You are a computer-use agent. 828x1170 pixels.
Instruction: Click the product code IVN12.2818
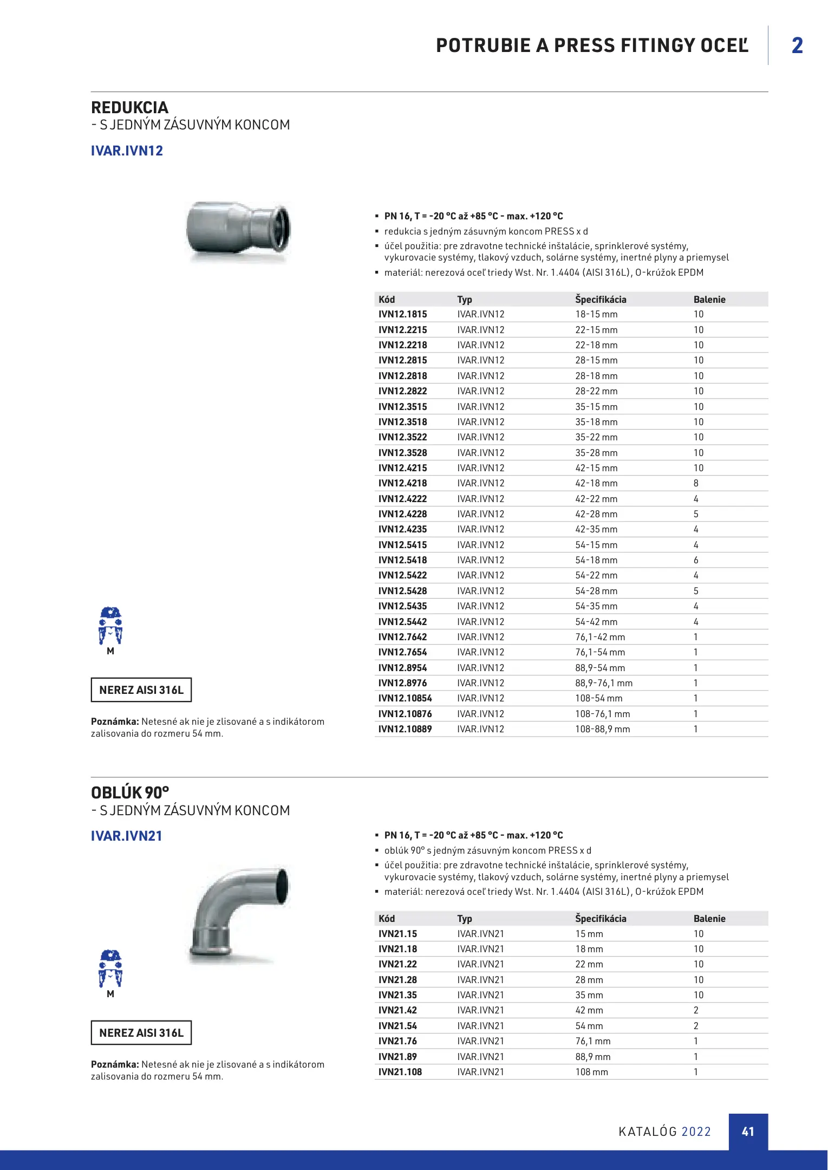coord(402,376)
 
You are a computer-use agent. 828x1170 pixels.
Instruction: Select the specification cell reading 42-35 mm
coord(596,529)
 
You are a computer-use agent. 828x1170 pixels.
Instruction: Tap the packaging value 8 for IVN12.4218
coord(696,483)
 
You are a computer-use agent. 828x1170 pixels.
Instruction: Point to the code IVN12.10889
coord(405,729)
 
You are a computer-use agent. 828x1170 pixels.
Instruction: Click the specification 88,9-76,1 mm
coord(603,683)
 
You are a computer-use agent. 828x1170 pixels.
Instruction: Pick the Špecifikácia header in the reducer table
coord(601,300)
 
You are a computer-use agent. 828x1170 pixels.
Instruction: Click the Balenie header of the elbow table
coord(709,919)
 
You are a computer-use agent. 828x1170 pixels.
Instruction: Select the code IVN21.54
coord(397,1026)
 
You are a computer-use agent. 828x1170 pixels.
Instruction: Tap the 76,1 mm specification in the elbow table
coord(592,1041)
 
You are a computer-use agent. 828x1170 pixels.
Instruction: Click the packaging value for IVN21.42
coord(696,1010)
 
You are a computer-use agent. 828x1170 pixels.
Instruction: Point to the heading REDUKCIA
coord(129,108)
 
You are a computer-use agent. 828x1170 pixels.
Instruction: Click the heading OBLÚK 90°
coord(130,793)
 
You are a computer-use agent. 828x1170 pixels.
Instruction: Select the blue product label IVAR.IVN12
coord(127,151)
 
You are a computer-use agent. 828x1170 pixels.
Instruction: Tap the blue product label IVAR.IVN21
coord(126,836)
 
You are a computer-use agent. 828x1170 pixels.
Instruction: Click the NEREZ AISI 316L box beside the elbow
coord(141,1033)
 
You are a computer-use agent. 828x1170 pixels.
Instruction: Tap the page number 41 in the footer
coord(748,1132)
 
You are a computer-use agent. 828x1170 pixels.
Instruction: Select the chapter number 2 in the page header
coord(797,45)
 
